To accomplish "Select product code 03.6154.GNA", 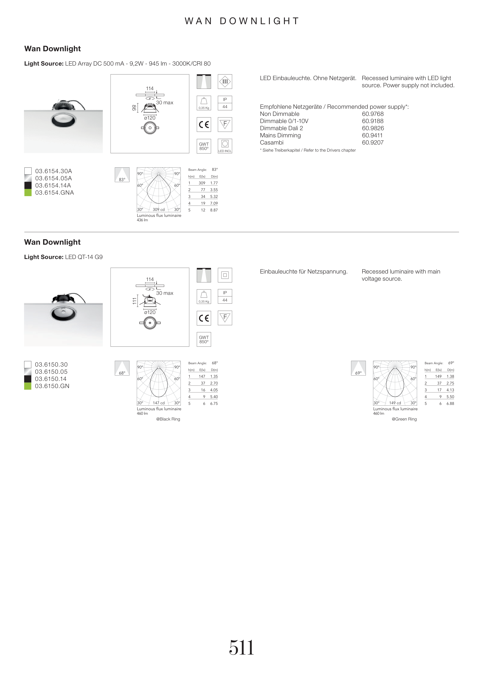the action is point(54,193).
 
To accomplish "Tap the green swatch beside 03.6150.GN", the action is point(28,386).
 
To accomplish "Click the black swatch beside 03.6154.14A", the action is point(28,185).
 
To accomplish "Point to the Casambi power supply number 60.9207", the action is point(373,143).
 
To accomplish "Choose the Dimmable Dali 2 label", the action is point(281,128).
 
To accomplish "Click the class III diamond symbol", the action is point(225,82).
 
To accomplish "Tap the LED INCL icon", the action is point(225,146).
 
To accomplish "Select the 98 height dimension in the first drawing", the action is point(134,108).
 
